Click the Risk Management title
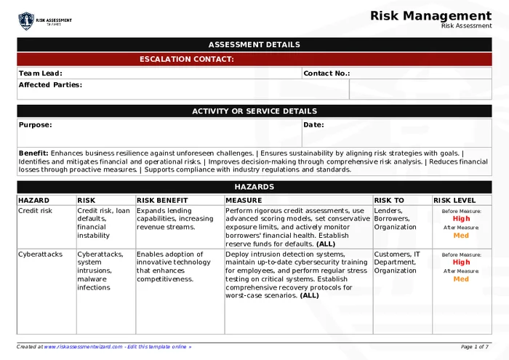[x=430, y=15]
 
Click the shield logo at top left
[x=26, y=20]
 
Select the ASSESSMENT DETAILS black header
[x=254, y=44]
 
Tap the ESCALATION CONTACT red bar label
[x=187, y=59]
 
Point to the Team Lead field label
[x=40, y=73]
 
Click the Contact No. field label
[x=326, y=73]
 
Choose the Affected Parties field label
[x=50, y=85]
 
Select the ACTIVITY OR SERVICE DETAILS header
[x=254, y=111]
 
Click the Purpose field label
[x=35, y=125]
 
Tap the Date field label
[x=313, y=125]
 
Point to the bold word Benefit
[x=33, y=153]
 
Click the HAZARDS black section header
[x=254, y=187]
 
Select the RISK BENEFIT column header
[x=162, y=200]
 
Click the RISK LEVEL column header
[x=454, y=200]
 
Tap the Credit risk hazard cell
[x=36, y=211]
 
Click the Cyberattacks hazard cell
[x=41, y=255]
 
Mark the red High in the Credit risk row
[x=461, y=218]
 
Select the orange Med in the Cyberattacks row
[x=461, y=279]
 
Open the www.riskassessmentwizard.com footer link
[x=82, y=347]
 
